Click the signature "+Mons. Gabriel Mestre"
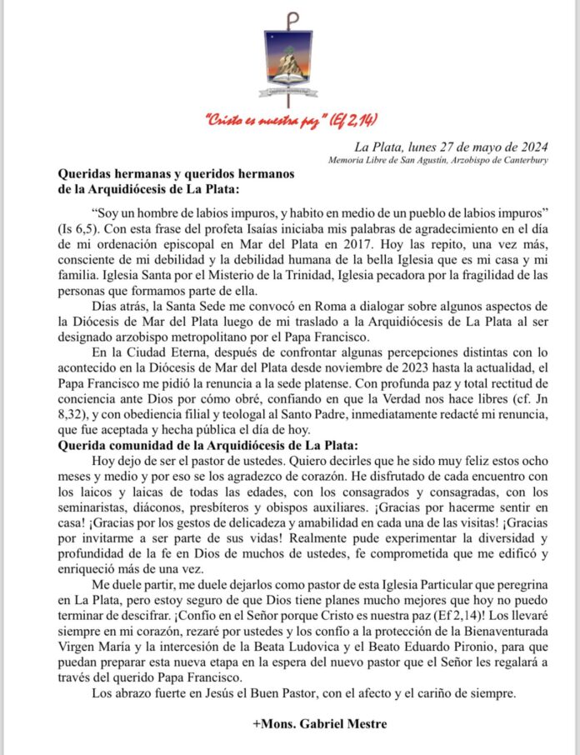click(x=319, y=725)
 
